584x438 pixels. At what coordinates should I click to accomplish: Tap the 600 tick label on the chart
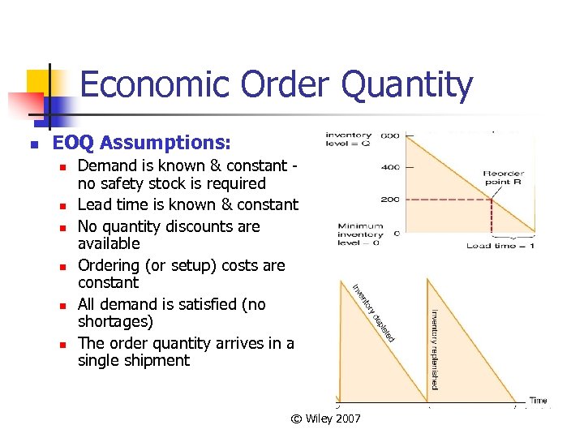click(x=390, y=135)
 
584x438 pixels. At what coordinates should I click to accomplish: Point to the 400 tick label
click(x=390, y=168)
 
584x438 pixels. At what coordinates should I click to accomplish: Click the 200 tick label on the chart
click(x=390, y=200)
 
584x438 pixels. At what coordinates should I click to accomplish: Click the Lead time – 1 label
click(x=500, y=245)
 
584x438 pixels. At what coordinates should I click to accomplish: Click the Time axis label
click(x=538, y=400)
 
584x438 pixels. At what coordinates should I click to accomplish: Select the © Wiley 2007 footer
click(x=326, y=419)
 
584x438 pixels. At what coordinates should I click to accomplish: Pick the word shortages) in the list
click(x=115, y=322)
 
